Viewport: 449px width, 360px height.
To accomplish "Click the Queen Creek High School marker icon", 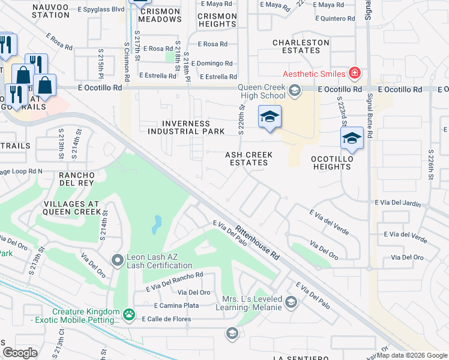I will pyautogui.click(x=294, y=91).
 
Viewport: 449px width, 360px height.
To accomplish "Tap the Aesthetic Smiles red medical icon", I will pyautogui.click(x=355, y=73).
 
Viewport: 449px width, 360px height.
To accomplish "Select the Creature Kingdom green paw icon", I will pyautogui.click(x=128, y=314).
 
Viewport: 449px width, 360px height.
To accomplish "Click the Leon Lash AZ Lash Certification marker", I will pyautogui.click(x=118, y=260).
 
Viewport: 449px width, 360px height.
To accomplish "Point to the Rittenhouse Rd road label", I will pyautogui.click(x=258, y=242).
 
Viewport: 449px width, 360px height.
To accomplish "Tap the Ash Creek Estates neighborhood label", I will pyautogui.click(x=249, y=158).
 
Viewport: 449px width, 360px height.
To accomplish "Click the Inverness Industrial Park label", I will pyautogui.click(x=185, y=127).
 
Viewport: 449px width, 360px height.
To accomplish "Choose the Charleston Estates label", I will pyautogui.click(x=301, y=46).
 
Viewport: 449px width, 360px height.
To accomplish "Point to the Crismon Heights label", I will pyautogui.click(x=217, y=20).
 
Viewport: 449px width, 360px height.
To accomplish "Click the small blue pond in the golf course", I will pyautogui.click(x=157, y=225).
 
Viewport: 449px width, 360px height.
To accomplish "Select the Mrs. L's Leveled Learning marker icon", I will pyautogui.click(x=291, y=302).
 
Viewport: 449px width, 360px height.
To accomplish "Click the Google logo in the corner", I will pyautogui.click(x=20, y=352).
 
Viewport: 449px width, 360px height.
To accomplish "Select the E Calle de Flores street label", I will pyautogui.click(x=166, y=319).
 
